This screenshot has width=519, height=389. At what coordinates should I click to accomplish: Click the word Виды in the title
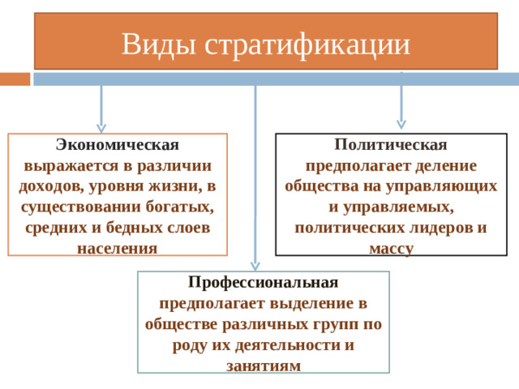pyautogui.click(x=159, y=44)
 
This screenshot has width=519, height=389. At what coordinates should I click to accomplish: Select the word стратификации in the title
pyautogui.click(x=307, y=45)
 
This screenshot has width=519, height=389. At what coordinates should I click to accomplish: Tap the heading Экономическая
pyautogui.click(x=118, y=144)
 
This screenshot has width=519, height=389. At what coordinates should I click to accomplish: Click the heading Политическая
pyautogui.click(x=391, y=144)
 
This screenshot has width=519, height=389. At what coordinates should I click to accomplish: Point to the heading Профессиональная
pyautogui.click(x=263, y=283)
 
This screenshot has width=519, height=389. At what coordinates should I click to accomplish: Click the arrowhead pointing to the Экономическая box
pyautogui.click(x=101, y=128)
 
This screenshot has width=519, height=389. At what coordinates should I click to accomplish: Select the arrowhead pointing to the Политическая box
pyautogui.click(x=401, y=124)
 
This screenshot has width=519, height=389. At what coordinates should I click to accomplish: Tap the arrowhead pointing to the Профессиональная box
pyautogui.click(x=255, y=266)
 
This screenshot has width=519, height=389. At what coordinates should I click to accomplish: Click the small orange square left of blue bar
pyautogui.click(x=15, y=79)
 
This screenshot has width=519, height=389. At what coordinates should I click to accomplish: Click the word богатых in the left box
pyautogui.click(x=179, y=207)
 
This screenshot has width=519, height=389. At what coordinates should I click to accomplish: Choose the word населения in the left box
pyautogui.click(x=117, y=249)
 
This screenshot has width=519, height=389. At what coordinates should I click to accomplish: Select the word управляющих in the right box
pyautogui.click(x=441, y=187)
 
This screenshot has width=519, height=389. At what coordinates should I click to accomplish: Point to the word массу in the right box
pyautogui.click(x=391, y=249)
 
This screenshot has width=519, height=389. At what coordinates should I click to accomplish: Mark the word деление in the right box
pyautogui.click(x=446, y=165)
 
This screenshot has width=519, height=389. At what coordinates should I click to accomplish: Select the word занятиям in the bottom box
pyautogui.click(x=264, y=366)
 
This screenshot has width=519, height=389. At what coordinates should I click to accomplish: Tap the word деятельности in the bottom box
pyautogui.click(x=288, y=345)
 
